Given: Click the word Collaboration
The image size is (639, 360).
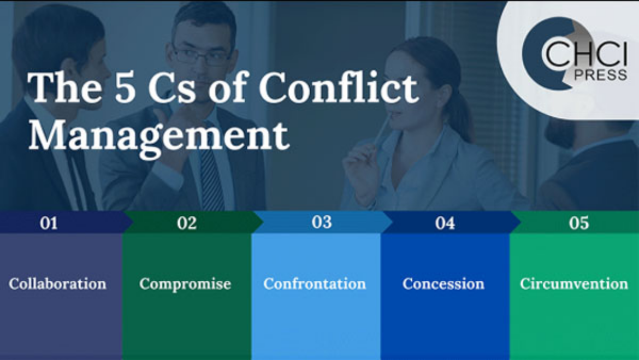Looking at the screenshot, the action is point(57,284).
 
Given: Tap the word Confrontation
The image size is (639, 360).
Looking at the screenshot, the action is point(315,284).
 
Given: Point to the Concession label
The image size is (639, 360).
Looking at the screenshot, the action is point(443,284).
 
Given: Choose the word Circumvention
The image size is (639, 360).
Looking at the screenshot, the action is point(574,284).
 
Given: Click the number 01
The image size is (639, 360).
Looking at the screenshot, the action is point(49,223).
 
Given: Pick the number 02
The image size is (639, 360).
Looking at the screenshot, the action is point(187,223).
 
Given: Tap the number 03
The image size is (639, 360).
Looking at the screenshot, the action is point(322,222).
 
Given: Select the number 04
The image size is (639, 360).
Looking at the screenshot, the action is point(445,223).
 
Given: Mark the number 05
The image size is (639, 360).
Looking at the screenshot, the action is point(579,223).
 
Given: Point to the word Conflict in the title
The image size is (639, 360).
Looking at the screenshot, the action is point(339,87).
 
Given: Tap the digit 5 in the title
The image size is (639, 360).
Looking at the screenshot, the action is point(125,87).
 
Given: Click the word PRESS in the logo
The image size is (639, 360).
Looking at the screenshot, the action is point(601,75).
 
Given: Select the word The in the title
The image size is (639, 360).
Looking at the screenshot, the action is point(65,87).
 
